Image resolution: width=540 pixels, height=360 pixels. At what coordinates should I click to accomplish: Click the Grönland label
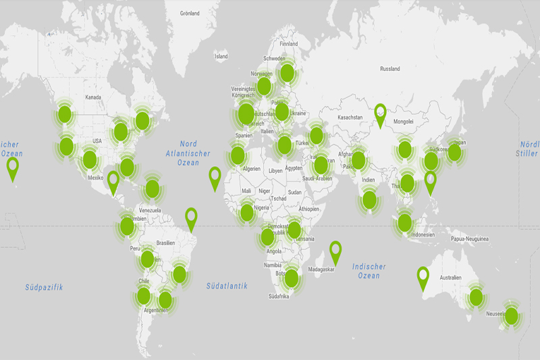190,13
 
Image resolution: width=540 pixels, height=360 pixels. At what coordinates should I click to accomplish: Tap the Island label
221,57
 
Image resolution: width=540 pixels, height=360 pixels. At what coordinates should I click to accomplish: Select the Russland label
390,69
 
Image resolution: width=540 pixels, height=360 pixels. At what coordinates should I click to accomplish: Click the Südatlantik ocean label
227,286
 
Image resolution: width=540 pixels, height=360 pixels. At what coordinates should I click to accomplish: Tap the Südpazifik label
44,287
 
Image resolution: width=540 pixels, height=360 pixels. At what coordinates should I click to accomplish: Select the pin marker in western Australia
423,276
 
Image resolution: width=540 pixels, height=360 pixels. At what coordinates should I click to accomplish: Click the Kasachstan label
350,118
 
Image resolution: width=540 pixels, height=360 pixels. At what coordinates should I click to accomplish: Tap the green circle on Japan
454,153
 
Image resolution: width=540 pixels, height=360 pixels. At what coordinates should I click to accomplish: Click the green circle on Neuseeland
512,315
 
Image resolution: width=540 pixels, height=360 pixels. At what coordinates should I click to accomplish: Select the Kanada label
93,97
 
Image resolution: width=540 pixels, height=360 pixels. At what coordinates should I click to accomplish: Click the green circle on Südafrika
291,278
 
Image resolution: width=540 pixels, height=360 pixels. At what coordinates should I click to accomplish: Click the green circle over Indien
369,199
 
